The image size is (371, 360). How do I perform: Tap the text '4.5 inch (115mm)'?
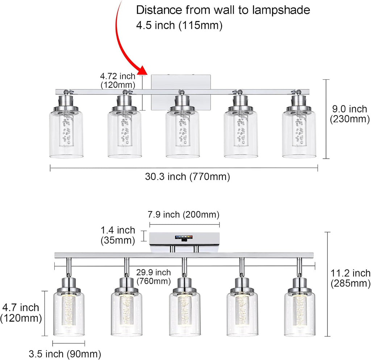click(x=179, y=25)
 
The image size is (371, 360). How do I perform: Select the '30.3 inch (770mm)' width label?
click(x=187, y=177)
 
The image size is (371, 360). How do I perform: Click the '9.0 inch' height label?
click(x=350, y=109)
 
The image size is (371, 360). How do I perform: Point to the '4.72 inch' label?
click(x=118, y=76)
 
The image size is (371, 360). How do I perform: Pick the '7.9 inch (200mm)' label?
click(x=184, y=214)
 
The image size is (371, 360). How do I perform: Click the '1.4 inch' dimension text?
click(x=118, y=230)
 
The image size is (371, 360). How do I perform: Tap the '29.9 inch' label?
click(x=153, y=272)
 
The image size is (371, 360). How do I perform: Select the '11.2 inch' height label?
click(x=350, y=273)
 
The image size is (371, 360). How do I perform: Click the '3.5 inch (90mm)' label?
click(x=65, y=354)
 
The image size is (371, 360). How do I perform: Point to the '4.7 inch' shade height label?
click(x=21, y=308)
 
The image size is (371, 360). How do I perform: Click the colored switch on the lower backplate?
click(x=184, y=238)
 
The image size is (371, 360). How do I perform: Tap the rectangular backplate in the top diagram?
click(x=181, y=92)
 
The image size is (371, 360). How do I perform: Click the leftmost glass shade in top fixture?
click(x=66, y=134)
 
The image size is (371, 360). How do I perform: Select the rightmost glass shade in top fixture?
click(x=299, y=134)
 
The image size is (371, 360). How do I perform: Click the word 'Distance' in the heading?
click(x=159, y=10)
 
